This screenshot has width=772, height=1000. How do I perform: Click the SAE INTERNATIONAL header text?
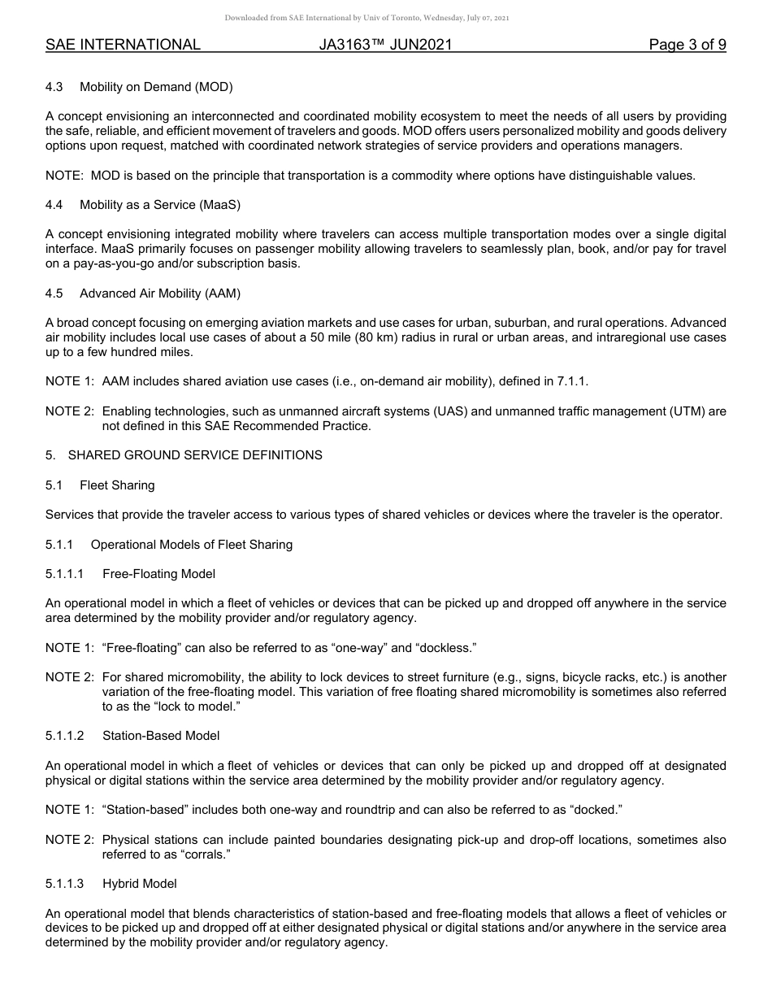click(x=123, y=45)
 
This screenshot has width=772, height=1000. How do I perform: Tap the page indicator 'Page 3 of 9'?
click(x=687, y=45)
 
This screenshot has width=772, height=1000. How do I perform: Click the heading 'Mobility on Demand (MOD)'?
click(x=156, y=87)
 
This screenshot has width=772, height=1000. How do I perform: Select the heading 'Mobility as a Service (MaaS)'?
click(x=160, y=205)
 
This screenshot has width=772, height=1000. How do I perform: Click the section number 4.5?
click(x=54, y=293)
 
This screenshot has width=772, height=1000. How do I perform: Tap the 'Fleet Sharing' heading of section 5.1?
click(x=117, y=485)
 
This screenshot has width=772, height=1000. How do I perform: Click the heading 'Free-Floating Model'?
click(x=158, y=574)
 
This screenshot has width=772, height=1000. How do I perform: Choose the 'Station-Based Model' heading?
click(x=161, y=736)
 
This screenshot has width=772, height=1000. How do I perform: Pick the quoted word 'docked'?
click(x=597, y=810)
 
